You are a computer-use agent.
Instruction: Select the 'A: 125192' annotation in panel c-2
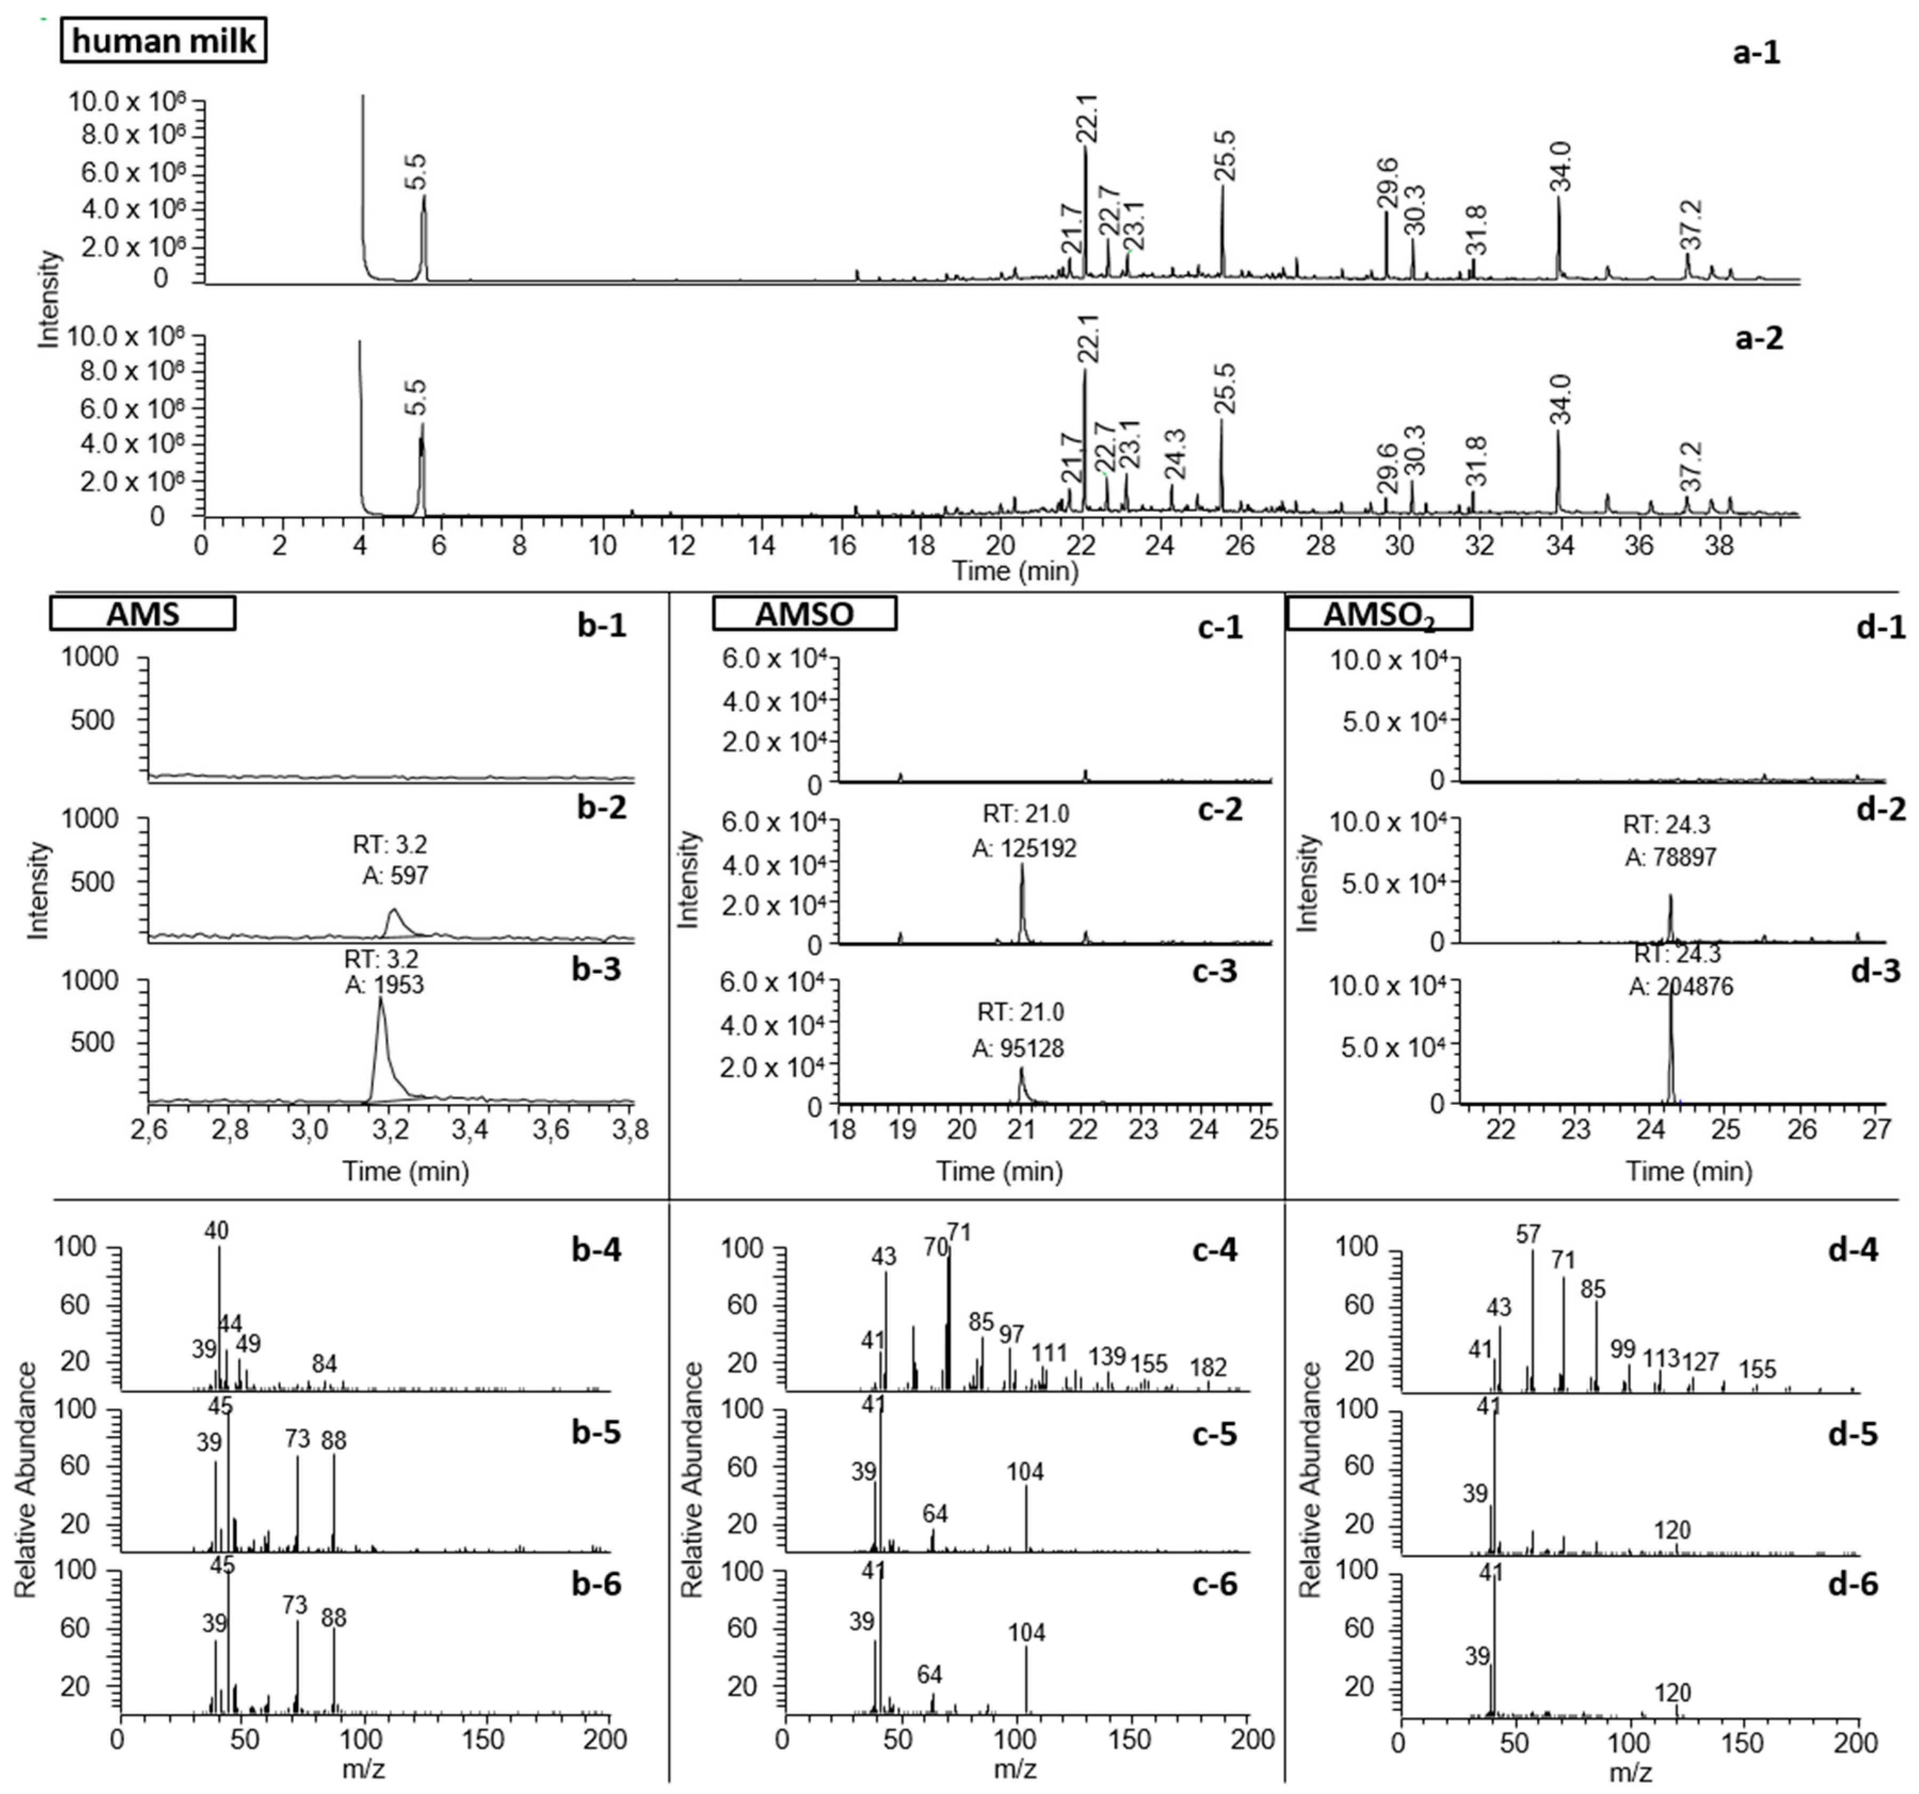click(1023, 848)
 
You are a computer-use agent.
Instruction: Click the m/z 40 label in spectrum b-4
click(216, 1230)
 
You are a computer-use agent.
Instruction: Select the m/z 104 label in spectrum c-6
click(1026, 1633)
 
